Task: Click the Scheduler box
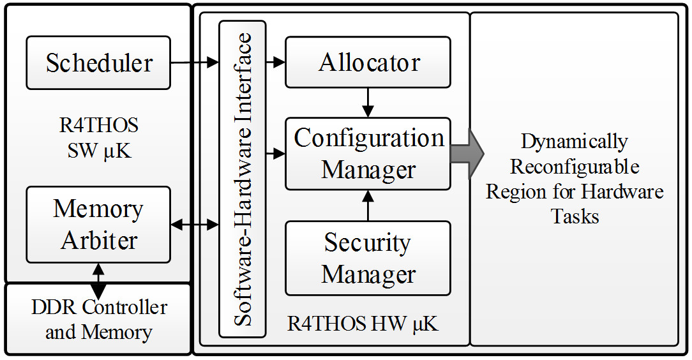coord(98,63)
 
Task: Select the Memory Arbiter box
coord(98,224)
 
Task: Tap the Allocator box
coord(368,62)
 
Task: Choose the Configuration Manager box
coord(368,153)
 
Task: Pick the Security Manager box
coord(368,258)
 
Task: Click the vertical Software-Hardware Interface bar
coord(242,179)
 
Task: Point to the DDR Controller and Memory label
coord(98,319)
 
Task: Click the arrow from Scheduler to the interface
coord(194,63)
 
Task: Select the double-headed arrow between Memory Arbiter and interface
coord(195,224)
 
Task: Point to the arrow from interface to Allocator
coord(275,63)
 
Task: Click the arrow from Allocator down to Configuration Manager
coord(368,102)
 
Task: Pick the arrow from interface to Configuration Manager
coord(275,153)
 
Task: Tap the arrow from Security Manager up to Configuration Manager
coord(368,205)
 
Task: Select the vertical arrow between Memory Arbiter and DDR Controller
coord(98,280)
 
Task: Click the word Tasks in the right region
coord(575,216)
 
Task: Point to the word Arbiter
coord(99,241)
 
